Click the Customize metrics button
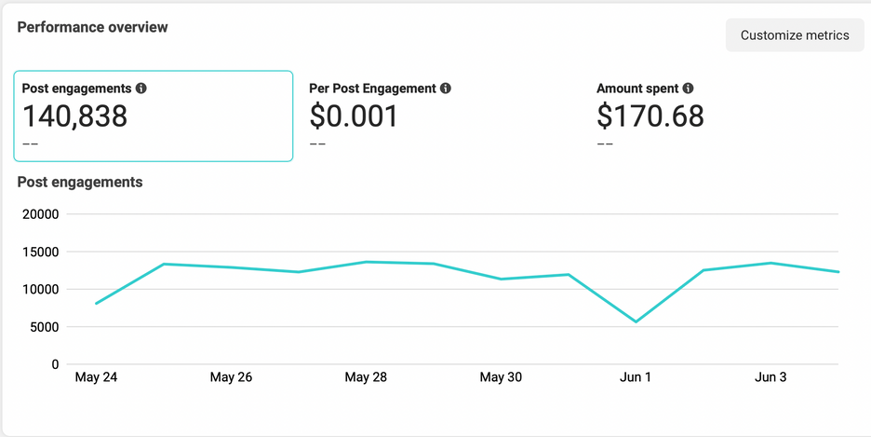[795, 35]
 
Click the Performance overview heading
[93, 27]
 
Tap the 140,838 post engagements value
[74, 116]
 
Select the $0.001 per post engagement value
[354, 116]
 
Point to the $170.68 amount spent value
[650, 116]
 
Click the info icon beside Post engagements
[141, 89]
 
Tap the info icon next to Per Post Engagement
[446, 89]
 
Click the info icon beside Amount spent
[689, 89]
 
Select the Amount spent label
[637, 89]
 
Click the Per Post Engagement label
[372, 89]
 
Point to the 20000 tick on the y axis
[40, 214]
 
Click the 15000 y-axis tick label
[40, 252]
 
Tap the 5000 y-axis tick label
[44, 327]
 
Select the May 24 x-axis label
[96, 377]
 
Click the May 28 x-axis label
[366, 377]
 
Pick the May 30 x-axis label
[501, 377]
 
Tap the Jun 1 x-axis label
[636, 377]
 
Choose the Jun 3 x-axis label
[770, 377]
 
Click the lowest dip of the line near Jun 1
[636, 321]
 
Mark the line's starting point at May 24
[96, 304]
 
